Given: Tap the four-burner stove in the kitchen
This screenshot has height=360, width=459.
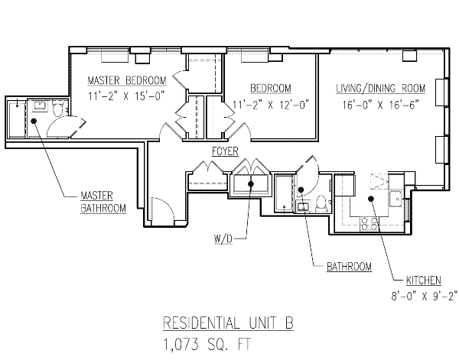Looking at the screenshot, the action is tap(369, 223).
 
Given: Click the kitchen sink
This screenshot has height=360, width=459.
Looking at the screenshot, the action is tap(395, 200).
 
